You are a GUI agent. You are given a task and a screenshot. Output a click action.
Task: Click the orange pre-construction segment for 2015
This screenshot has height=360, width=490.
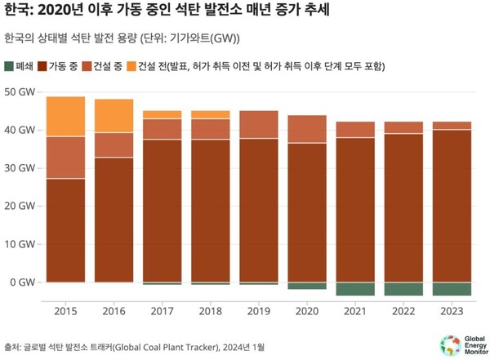tap(65, 117)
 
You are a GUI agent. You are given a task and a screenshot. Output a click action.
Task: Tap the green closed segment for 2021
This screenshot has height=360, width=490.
tap(354, 289)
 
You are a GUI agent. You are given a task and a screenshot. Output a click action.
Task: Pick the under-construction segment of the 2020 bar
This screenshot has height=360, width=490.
tap(306, 129)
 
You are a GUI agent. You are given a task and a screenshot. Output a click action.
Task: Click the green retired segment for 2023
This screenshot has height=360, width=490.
tap(451, 289)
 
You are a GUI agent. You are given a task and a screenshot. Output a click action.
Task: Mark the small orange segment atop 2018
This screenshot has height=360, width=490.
tap(210, 114)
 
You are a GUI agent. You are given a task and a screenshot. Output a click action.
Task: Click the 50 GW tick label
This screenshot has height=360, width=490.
tap(20, 92)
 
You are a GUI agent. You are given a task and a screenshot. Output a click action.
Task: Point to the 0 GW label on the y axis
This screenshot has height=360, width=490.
tap(23, 282)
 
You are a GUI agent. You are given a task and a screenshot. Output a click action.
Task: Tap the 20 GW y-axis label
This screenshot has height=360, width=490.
tap(20, 207)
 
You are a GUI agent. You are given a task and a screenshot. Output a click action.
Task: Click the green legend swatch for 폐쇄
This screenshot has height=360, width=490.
tap(9, 65)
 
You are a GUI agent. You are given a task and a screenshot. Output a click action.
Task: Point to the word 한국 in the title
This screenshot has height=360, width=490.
tap(16, 11)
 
